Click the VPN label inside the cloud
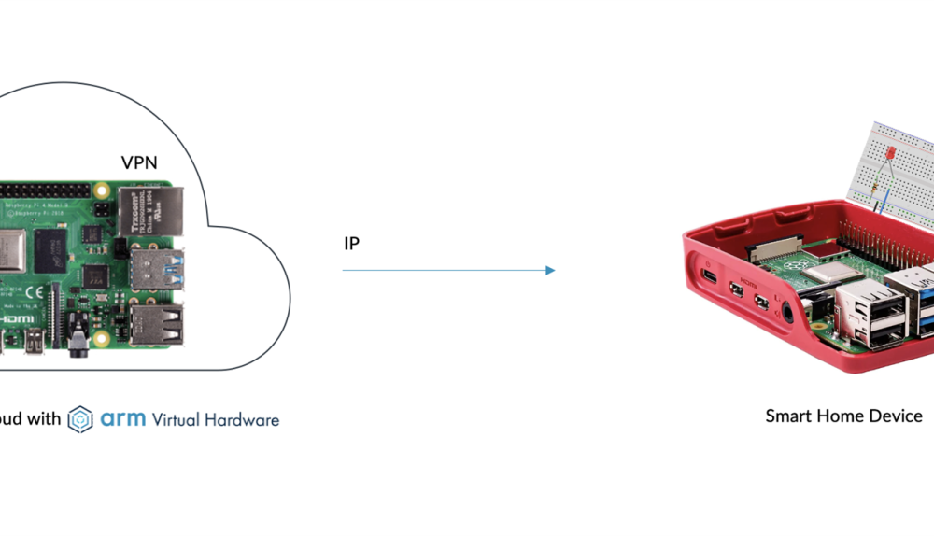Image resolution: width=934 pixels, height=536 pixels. click(139, 162)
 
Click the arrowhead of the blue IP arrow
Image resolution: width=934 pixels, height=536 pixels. click(550, 271)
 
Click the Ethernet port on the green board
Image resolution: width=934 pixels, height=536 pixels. click(150, 211)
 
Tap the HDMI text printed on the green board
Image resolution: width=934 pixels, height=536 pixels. click(17, 318)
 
